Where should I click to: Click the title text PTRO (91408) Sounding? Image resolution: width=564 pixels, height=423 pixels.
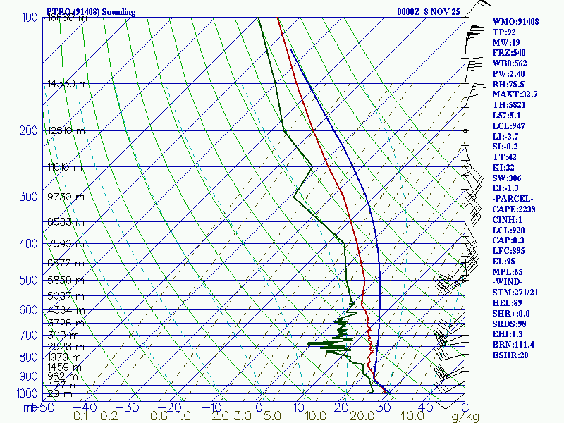point(90,12)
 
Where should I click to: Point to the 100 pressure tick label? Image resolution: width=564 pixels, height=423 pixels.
point(30,17)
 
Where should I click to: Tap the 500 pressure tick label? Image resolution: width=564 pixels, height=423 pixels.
point(30,281)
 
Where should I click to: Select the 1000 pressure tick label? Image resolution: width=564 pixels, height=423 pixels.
point(27,393)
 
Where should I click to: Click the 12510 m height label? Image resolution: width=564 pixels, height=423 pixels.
point(66,130)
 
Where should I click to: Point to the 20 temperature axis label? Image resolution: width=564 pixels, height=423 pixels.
point(343,407)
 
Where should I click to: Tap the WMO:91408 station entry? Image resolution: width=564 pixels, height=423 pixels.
point(515,22)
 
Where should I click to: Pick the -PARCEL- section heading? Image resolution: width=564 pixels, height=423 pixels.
point(513,199)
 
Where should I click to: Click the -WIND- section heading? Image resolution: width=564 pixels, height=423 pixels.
point(509,282)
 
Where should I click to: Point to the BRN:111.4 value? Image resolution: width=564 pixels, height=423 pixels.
point(515,345)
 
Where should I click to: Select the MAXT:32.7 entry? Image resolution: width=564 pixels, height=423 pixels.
point(515,94)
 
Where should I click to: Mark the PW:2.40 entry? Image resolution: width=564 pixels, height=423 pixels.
point(509,73)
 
